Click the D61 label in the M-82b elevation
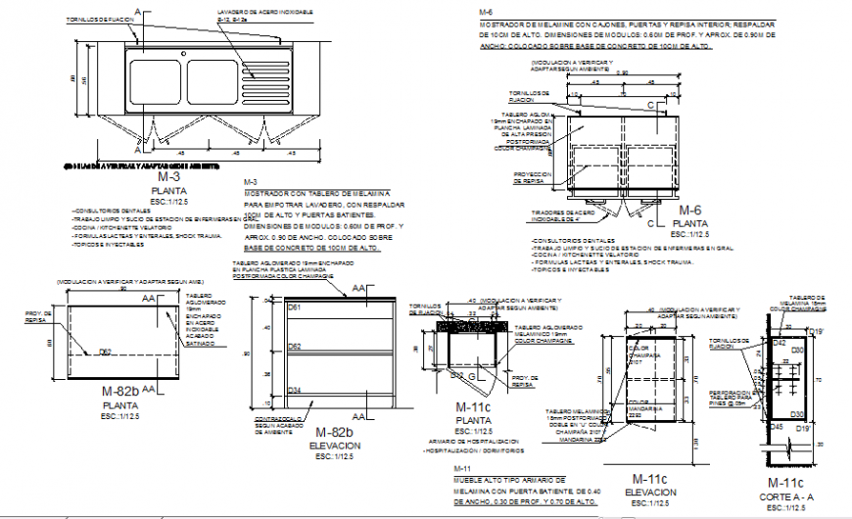(x=294, y=309)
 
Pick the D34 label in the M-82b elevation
(x=294, y=391)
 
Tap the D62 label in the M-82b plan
(x=106, y=351)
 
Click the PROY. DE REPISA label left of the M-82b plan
(x=36, y=316)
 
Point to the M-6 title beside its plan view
(x=690, y=211)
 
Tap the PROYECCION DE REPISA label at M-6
(x=535, y=177)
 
